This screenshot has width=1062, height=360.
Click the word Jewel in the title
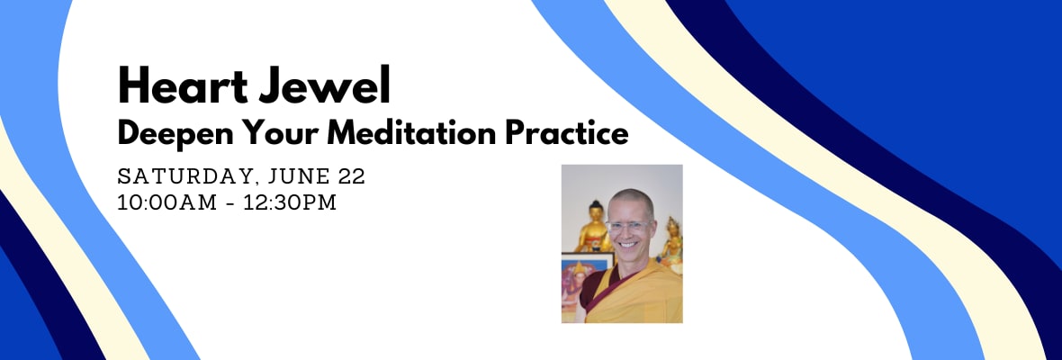(323, 85)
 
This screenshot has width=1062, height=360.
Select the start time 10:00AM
(166, 202)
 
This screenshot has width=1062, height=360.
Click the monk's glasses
(629, 226)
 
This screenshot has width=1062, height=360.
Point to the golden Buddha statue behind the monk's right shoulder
(593, 228)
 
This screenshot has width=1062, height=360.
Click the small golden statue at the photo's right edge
(671, 244)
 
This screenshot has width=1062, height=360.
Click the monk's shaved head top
(631, 196)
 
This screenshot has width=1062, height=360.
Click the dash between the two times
(229, 203)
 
